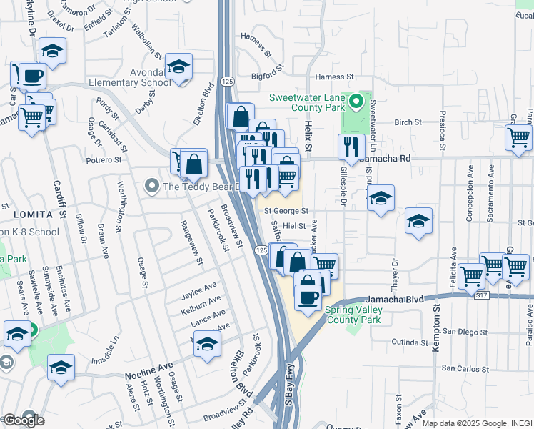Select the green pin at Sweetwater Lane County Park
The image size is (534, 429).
352,98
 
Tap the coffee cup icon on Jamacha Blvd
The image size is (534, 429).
308,297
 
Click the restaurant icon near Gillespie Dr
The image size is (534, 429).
351,148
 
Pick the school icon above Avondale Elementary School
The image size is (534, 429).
178,67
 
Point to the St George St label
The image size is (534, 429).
286,212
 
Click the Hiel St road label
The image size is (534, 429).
294,225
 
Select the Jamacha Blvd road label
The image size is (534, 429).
394,299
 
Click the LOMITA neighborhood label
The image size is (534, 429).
31,214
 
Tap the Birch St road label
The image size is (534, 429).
408,122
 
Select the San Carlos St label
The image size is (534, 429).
465,368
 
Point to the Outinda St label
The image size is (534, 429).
408,342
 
